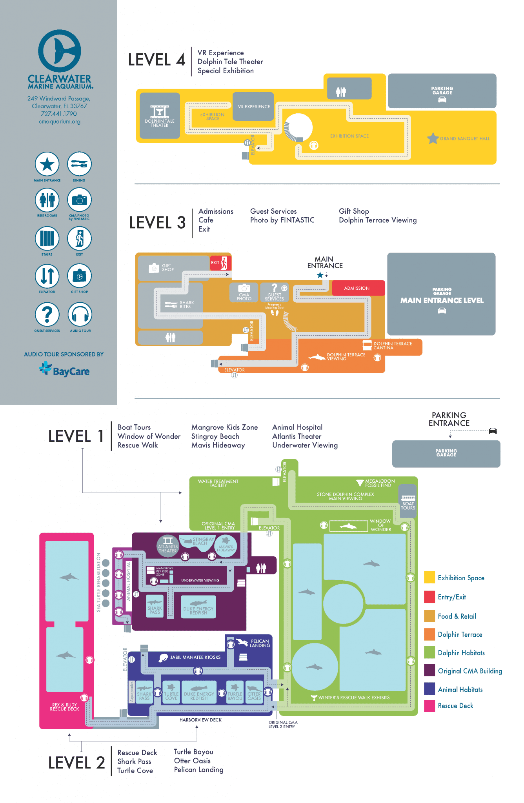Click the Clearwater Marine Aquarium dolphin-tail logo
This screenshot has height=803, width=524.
(x=60, y=51)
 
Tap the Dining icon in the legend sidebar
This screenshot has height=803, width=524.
(x=79, y=164)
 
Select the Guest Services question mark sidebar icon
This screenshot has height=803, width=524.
(x=47, y=314)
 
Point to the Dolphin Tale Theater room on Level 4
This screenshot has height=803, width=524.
(x=160, y=116)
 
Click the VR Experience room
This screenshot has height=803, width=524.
(x=253, y=107)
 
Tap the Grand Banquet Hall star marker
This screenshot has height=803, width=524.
(x=433, y=138)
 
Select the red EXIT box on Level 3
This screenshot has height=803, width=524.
(x=220, y=263)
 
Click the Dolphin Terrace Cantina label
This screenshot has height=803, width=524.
(x=392, y=346)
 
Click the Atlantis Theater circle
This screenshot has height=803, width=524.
(x=168, y=545)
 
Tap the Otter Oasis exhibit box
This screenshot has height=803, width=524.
(x=254, y=693)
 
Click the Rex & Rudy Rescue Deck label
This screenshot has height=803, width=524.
(x=65, y=707)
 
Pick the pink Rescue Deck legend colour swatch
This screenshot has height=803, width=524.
(x=429, y=706)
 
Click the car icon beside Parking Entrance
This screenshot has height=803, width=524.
(x=493, y=431)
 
